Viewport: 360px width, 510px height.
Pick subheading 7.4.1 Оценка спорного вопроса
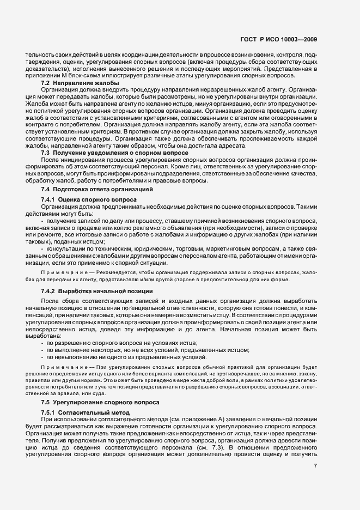tap(89, 200)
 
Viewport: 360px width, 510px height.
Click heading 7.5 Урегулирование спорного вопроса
tap(100, 402)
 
